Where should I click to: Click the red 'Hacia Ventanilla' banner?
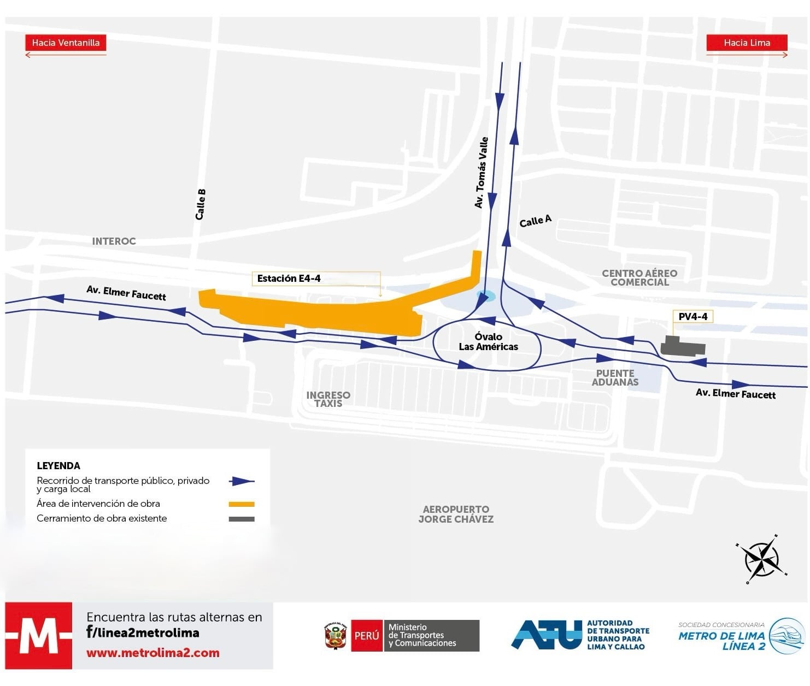[x=66, y=43]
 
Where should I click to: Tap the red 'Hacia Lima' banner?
[x=747, y=43]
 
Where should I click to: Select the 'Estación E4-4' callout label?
[x=289, y=279]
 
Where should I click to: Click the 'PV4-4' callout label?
[x=692, y=316]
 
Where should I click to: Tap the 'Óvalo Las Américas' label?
[x=488, y=342]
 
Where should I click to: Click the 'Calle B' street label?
[x=201, y=204]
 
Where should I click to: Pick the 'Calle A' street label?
[x=535, y=221]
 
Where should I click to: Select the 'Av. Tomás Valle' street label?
[x=481, y=173]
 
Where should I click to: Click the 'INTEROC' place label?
[x=114, y=241]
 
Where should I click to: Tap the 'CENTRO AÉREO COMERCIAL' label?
[x=639, y=277]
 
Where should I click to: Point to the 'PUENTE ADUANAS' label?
[x=615, y=377]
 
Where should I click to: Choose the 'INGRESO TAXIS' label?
[x=328, y=399]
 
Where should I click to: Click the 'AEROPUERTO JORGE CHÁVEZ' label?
[x=456, y=514]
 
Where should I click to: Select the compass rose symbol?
[x=761, y=559]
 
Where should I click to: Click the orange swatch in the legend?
[x=241, y=504]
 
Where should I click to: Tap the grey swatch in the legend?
[x=241, y=519]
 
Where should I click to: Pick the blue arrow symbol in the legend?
[x=241, y=481]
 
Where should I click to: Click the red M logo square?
[x=38, y=636]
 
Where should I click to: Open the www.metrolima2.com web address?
[x=153, y=653]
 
